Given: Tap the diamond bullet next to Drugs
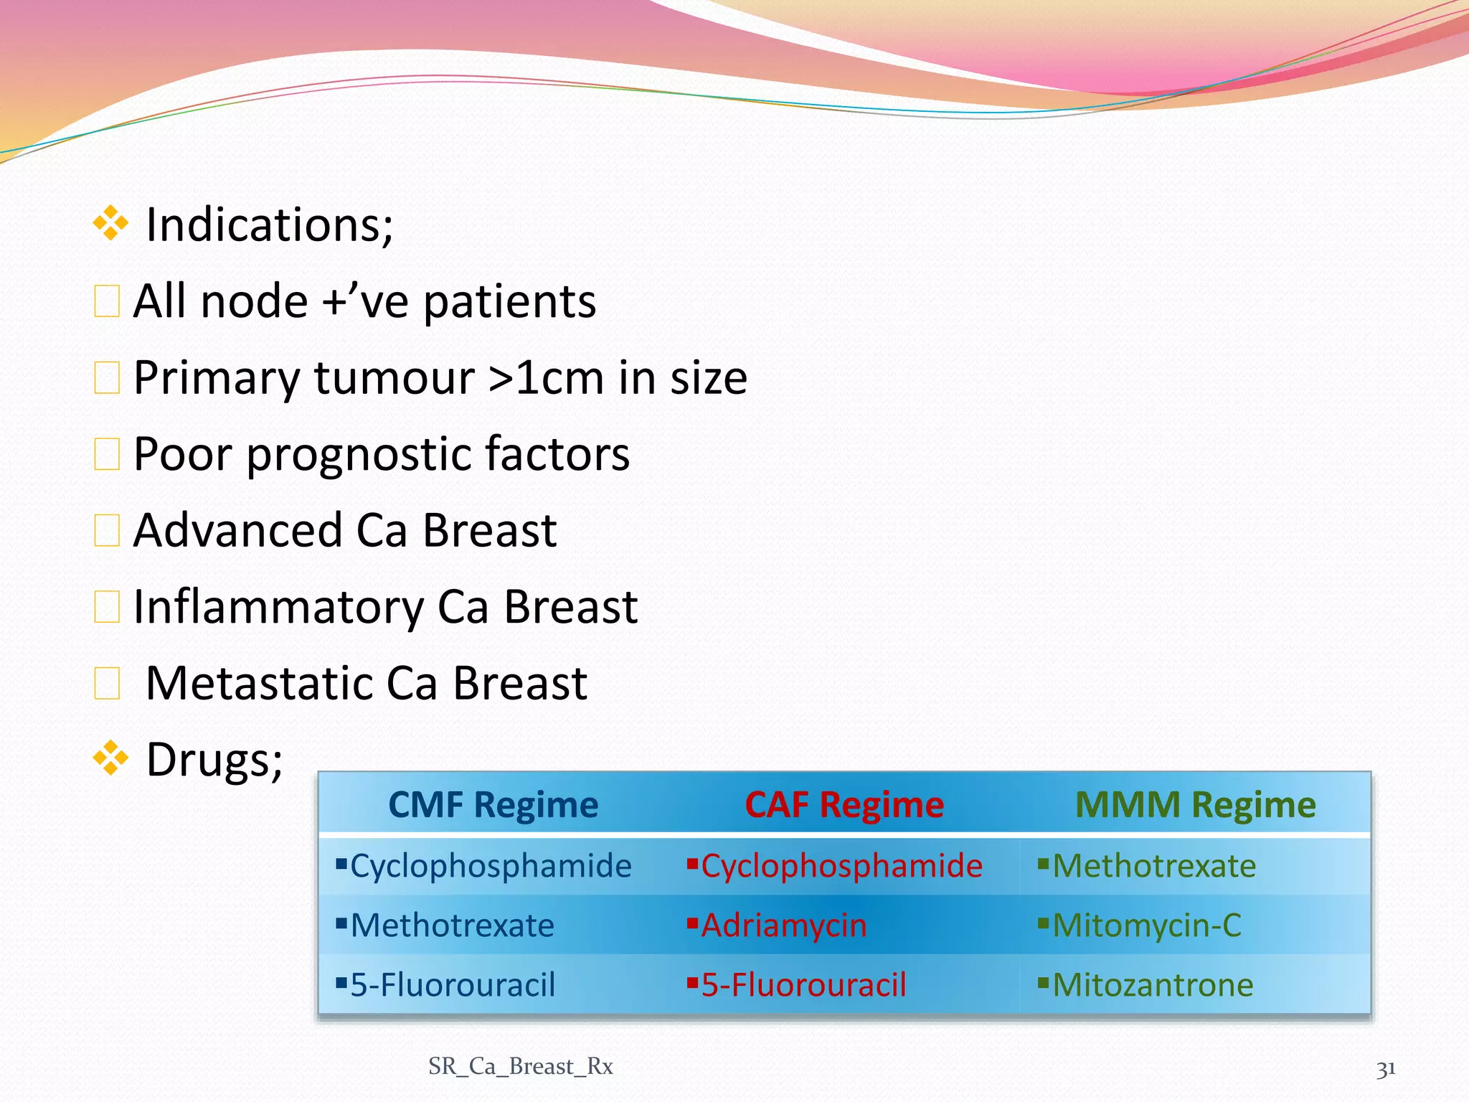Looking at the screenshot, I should [x=111, y=758].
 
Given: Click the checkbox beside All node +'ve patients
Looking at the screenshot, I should [x=107, y=301].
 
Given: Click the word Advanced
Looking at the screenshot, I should [x=237, y=531].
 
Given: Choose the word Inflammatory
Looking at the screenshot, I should [x=278, y=608].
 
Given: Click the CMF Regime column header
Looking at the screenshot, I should [x=493, y=805].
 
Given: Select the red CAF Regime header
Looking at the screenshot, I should [x=844, y=805].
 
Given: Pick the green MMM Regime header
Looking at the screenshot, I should [x=1195, y=805].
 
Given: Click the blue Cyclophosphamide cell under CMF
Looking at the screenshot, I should [x=491, y=866].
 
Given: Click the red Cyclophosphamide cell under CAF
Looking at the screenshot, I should [x=841, y=866].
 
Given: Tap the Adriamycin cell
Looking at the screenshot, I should [x=783, y=926].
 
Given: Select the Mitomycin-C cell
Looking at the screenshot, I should [x=1146, y=926].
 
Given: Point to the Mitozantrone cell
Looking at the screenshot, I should [x=1153, y=985].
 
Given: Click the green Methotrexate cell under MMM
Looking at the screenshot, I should [x=1154, y=866].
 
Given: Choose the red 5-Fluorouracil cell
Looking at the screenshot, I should [x=803, y=985].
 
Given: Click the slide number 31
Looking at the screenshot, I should [x=1385, y=1069].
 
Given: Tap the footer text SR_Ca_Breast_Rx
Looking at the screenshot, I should [x=521, y=1067].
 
